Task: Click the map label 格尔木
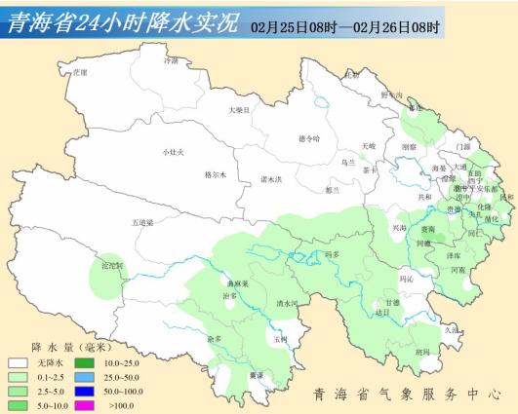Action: (215, 174)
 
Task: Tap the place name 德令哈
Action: (308, 138)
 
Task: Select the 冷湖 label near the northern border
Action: (172, 60)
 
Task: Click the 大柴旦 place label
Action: (239, 110)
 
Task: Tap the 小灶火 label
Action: (173, 152)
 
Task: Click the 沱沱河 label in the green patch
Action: (113, 265)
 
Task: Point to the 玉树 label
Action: (281, 340)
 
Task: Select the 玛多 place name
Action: (330, 254)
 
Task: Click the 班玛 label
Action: (420, 352)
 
